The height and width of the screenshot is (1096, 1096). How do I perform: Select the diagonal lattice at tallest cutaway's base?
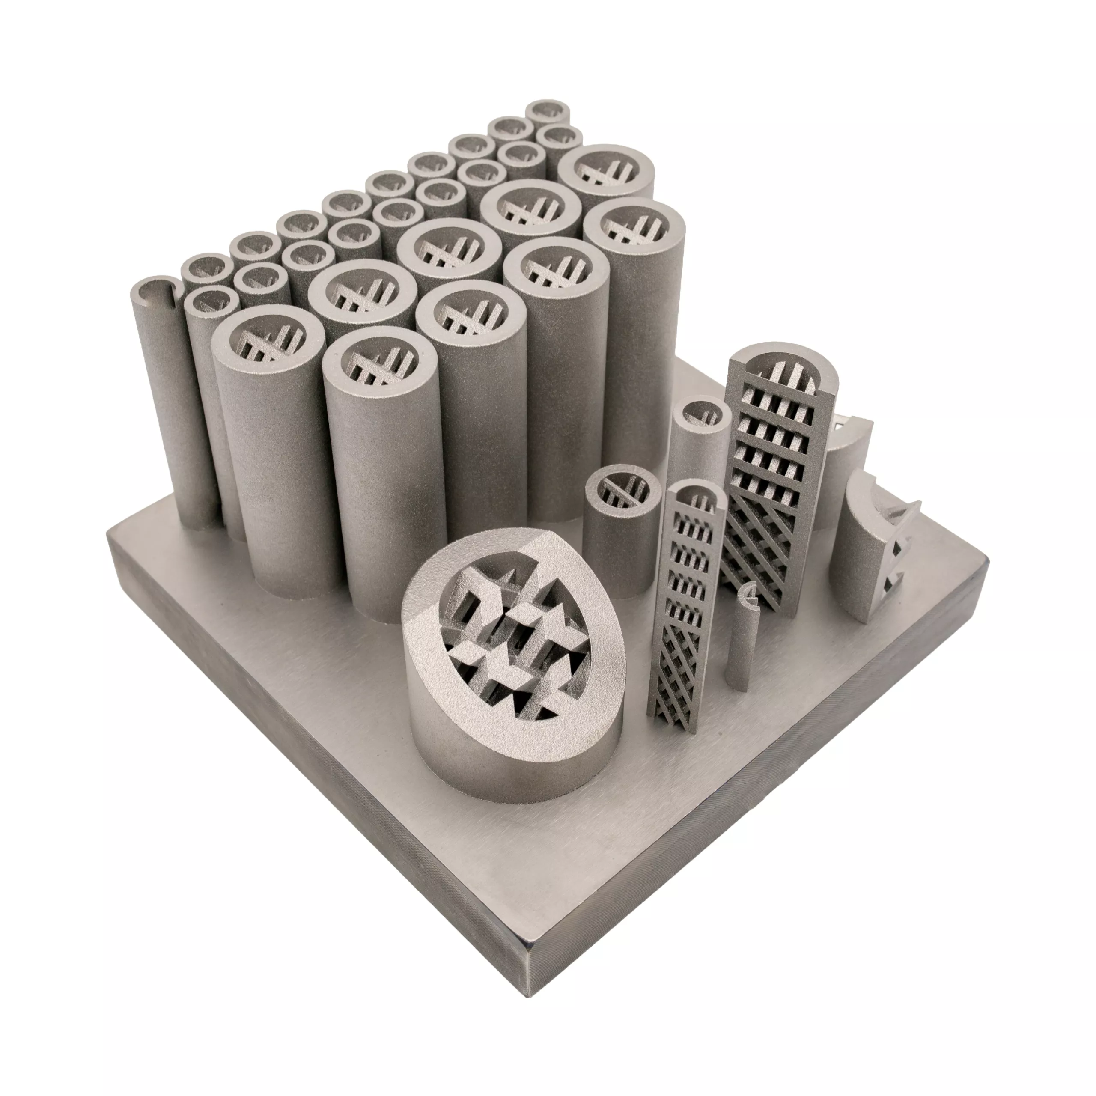[760, 562]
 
